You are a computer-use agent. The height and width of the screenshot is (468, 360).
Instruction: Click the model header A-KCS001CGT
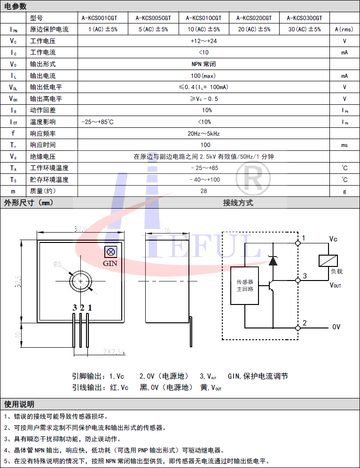[x=99, y=18]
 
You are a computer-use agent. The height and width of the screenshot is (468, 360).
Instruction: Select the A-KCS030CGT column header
[x=305, y=18]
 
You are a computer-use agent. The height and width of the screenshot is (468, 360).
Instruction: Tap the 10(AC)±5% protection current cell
[x=203, y=29]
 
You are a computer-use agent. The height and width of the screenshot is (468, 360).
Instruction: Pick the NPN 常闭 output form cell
[x=203, y=64]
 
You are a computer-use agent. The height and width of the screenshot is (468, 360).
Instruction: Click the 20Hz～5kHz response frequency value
[x=203, y=133]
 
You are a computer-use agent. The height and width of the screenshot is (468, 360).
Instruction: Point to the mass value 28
[x=203, y=191]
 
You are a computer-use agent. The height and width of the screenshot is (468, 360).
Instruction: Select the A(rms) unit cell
[x=344, y=29]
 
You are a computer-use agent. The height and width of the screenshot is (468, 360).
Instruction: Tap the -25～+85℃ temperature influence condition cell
[x=98, y=122]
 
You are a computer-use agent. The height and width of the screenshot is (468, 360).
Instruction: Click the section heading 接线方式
[x=238, y=203]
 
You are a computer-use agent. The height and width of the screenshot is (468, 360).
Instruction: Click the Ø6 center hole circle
[x=81, y=281]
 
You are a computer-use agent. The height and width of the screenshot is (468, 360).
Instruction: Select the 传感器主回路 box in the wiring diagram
[x=245, y=286]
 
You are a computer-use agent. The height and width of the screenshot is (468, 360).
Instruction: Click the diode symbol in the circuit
[x=273, y=260]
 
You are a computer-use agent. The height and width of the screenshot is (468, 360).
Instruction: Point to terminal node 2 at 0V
[x=297, y=327]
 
